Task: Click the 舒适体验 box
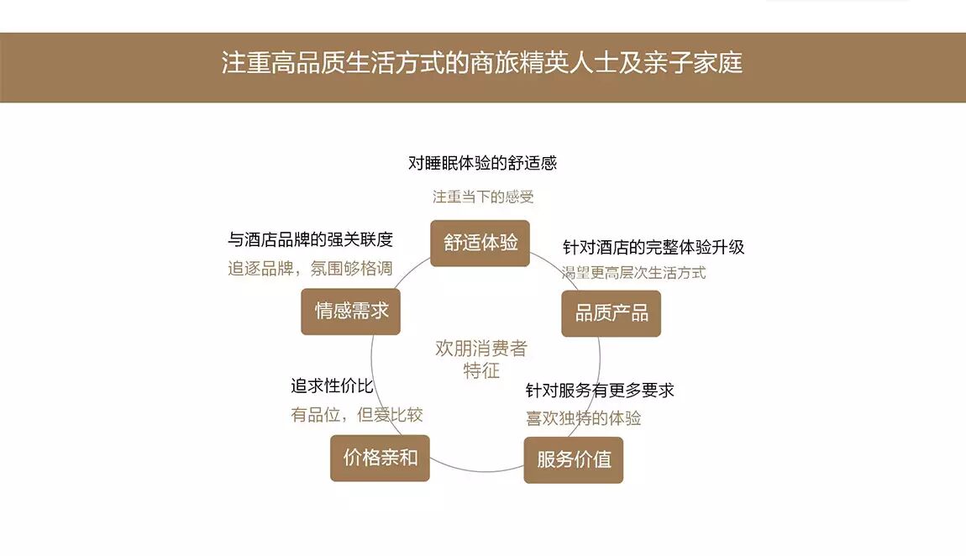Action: coord(480,244)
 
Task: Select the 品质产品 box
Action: coord(611,313)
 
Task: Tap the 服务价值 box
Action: coord(574,460)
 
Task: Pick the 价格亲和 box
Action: coord(380,459)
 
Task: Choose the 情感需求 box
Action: coord(351,311)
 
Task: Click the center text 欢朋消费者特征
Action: coord(481,359)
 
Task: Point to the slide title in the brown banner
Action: coord(482,64)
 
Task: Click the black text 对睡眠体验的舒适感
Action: coord(482,163)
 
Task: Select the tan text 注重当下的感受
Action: coord(483,197)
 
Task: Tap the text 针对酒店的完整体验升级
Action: coord(654,248)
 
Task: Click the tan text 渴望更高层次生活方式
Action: coord(634,272)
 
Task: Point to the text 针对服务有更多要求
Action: coord(600,391)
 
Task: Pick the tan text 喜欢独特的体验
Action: coord(584,418)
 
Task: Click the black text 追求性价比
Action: coord(332,386)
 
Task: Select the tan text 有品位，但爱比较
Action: coord(356,415)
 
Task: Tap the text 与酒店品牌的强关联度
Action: coord(311,240)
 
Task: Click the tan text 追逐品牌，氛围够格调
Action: coord(311,270)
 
